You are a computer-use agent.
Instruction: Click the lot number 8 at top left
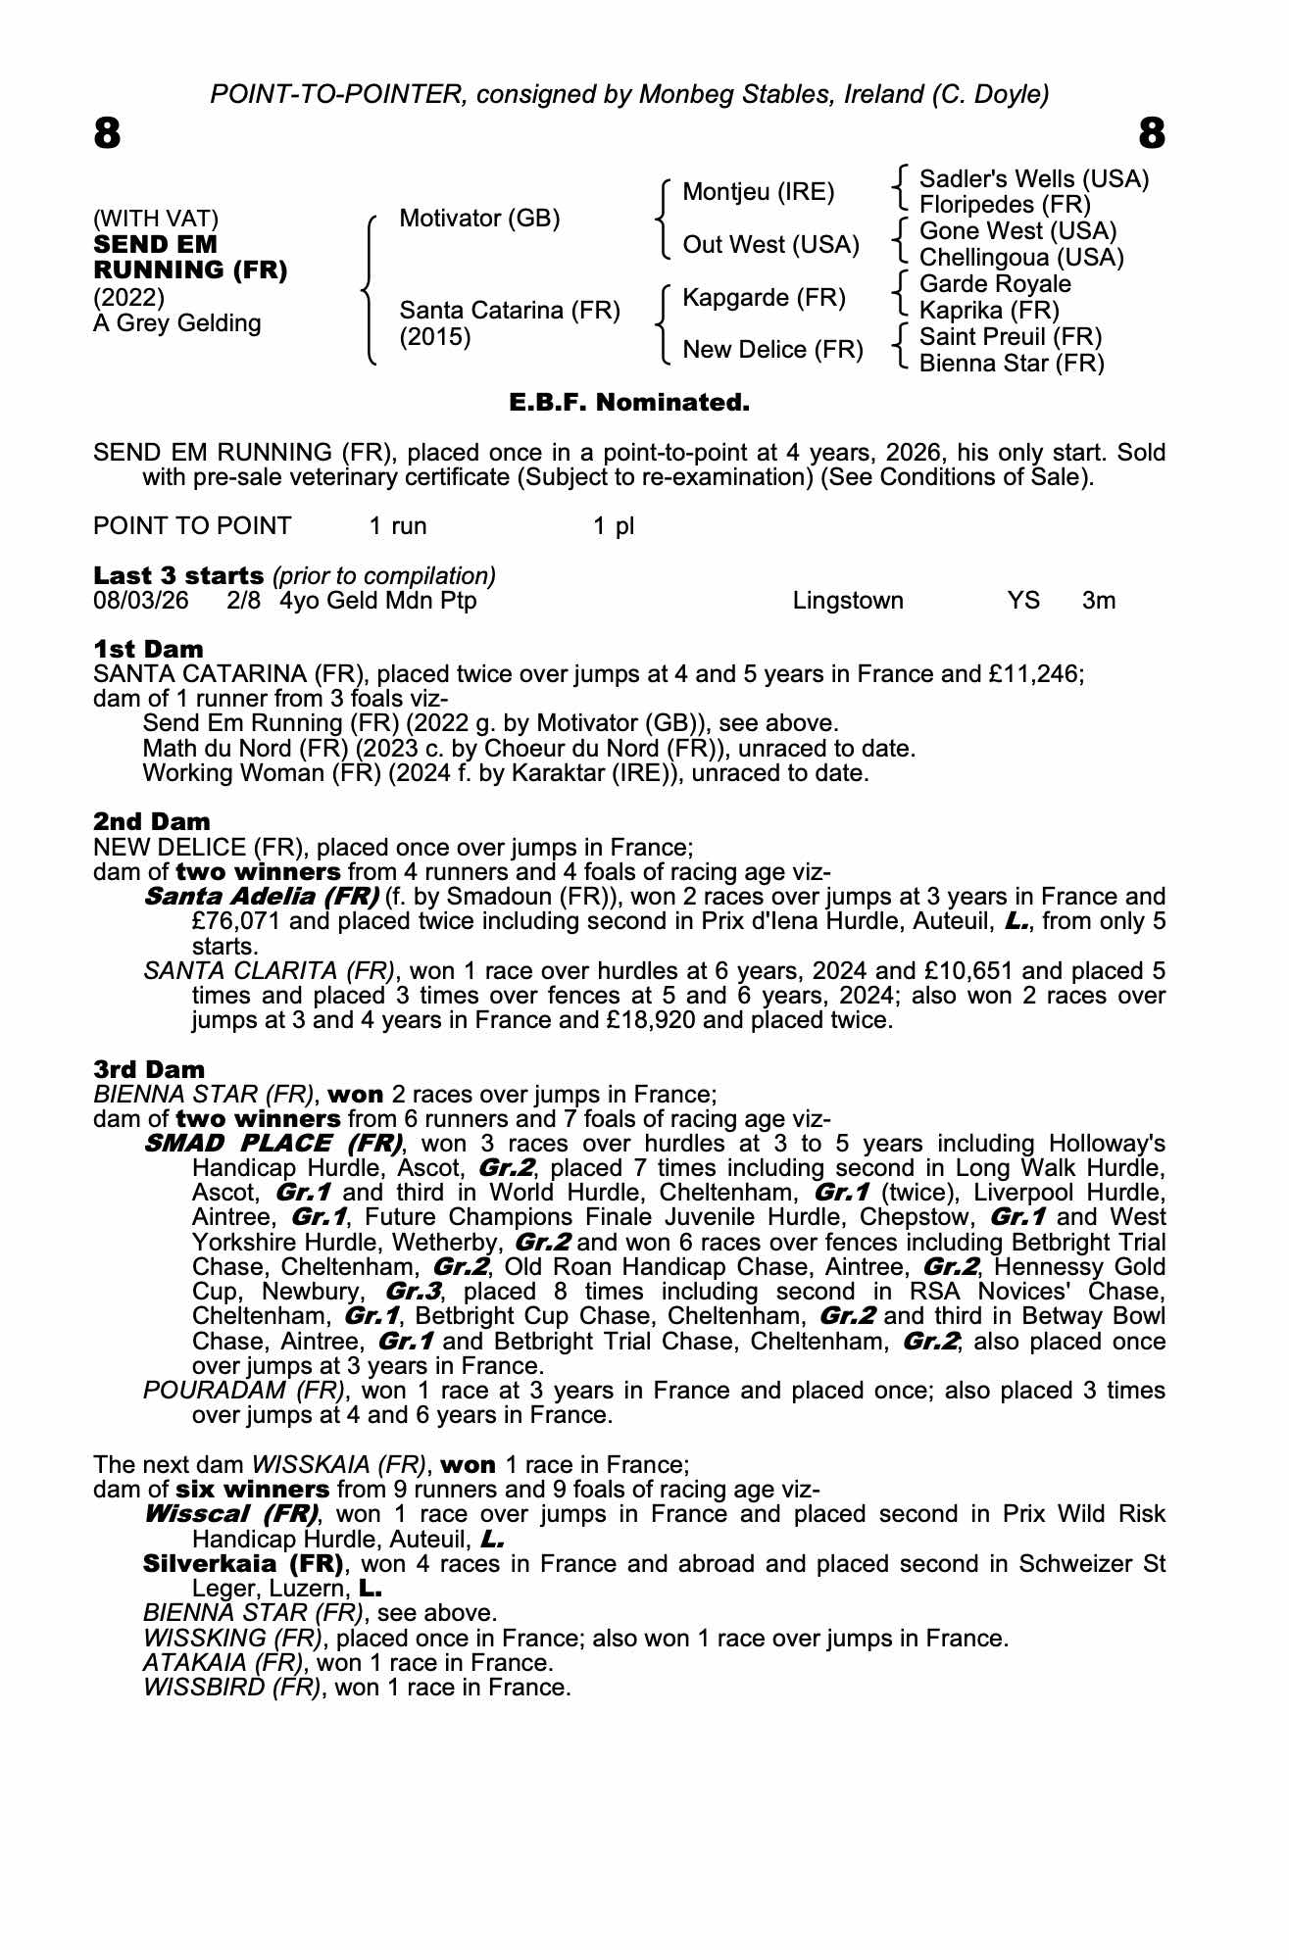pos(107,133)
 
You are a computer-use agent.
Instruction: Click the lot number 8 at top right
pos(1152,133)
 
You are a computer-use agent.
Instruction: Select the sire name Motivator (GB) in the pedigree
pos(479,219)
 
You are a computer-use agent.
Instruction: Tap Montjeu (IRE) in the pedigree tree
pos(758,192)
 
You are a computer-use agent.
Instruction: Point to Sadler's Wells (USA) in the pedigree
pos(1033,179)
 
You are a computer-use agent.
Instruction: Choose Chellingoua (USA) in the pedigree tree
pos(1020,258)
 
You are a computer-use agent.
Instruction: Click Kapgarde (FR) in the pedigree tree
pos(764,298)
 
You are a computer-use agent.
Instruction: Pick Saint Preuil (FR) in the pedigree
pos(1010,337)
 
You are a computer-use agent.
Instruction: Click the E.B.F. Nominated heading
pos(629,403)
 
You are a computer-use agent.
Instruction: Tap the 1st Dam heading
pos(148,649)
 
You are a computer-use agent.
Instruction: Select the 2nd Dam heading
pos(151,821)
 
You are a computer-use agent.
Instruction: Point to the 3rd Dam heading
pos(149,1069)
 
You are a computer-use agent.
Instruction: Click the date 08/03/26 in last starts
pos(140,601)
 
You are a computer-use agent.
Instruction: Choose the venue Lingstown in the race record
pos(848,601)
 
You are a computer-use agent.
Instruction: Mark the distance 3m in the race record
pos(1098,601)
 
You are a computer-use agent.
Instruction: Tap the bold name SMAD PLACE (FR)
pos(273,1144)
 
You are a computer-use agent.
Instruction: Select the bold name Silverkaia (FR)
pos(243,1563)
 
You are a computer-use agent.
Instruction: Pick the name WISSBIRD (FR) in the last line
pos(231,1688)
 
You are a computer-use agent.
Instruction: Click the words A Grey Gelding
pos(176,323)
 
